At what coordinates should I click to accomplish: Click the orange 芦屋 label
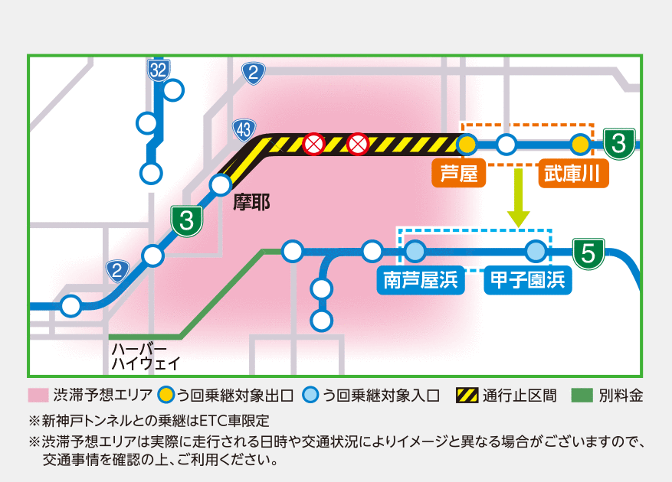tap(458, 174)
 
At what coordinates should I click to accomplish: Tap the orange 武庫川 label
tap(573, 174)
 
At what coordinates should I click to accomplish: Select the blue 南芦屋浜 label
tap(421, 280)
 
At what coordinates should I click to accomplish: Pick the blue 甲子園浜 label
tap(528, 280)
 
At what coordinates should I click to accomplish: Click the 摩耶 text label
tap(251, 203)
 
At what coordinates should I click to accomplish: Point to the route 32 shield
tap(159, 70)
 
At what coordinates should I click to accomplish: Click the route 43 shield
tap(244, 129)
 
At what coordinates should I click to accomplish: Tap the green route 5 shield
tap(588, 254)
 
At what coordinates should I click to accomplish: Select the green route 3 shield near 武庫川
tap(619, 144)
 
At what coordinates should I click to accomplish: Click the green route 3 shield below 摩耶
tap(187, 221)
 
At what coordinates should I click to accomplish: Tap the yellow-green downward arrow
tap(519, 197)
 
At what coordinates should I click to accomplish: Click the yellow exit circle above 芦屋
tap(467, 145)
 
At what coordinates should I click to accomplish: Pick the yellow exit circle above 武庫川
tap(581, 145)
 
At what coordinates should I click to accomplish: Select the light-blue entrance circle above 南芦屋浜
tap(415, 251)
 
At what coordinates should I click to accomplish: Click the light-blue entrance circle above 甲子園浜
tap(536, 251)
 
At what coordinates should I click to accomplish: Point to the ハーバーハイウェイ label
tap(146, 357)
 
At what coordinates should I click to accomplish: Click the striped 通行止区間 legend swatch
tap(467, 396)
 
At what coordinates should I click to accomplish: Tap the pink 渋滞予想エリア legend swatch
tap(38, 396)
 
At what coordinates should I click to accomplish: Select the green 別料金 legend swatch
tap(582, 396)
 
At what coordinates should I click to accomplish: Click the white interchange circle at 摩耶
tap(221, 185)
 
